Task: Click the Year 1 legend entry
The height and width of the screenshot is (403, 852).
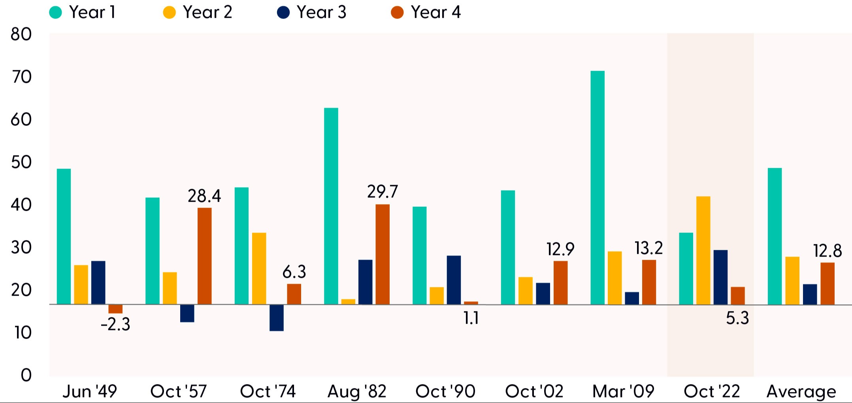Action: pos(82,12)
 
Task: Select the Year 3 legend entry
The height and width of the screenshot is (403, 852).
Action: pos(312,12)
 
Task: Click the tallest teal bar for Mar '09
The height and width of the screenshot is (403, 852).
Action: pos(598,188)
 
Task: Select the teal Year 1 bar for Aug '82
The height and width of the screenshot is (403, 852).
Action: pos(331,206)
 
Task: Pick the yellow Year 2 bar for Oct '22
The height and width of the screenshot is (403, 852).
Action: pos(703,251)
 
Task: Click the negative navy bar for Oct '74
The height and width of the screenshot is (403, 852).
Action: pos(277,318)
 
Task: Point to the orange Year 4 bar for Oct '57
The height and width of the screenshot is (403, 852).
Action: pos(205,256)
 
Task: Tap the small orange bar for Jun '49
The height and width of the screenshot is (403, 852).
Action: pos(115,309)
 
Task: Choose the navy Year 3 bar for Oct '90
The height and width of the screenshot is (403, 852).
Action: pos(454,280)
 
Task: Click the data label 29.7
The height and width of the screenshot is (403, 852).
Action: pos(383,192)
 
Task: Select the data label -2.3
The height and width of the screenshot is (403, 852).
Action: pos(115,325)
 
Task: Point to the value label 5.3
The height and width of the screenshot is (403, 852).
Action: pos(737,318)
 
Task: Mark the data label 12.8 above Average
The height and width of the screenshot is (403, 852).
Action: pos(827,251)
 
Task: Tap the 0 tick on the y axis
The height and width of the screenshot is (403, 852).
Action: pos(26,375)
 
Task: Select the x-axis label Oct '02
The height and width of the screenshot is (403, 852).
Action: pos(534,392)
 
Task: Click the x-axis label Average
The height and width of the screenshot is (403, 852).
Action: pos(801,392)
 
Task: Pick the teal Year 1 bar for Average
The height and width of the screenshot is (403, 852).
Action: pos(775,236)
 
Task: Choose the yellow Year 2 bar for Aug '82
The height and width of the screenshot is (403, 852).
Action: pos(349,302)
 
